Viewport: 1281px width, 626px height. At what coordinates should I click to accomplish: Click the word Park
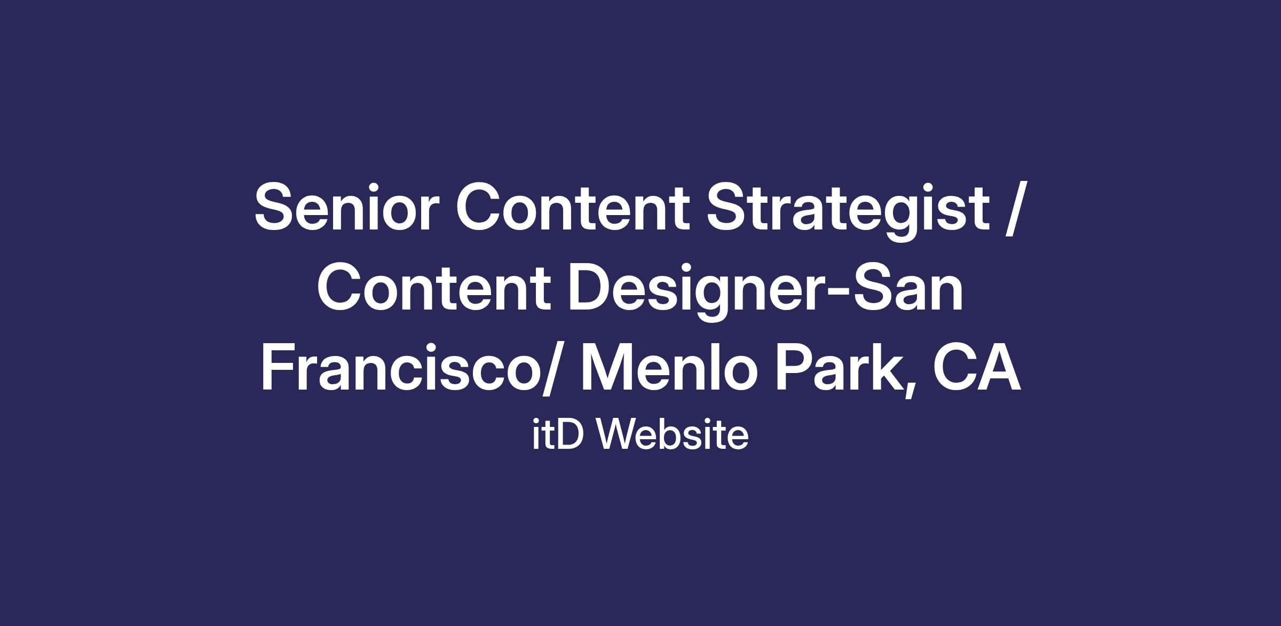(x=838, y=368)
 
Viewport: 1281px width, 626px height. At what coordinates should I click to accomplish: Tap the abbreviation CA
(x=976, y=368)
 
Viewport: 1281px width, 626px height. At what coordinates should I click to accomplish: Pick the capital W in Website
(x=618, y=434)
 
